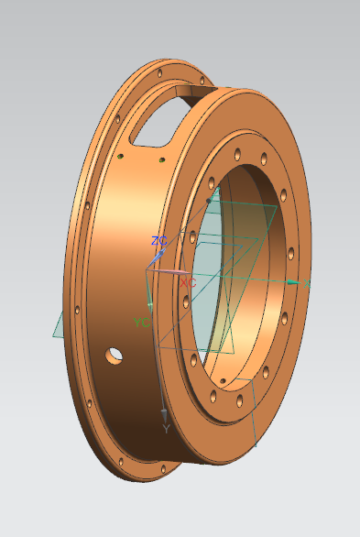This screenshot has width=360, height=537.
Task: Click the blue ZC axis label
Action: click(x=158, y=241)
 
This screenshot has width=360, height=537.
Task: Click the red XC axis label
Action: click(x=188, y=283)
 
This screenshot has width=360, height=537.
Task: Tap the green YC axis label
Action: click(x=141, y=323)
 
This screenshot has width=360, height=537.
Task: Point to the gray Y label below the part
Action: click(x=166, y=429)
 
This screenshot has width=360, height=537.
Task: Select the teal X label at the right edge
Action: click(x=307, y=283)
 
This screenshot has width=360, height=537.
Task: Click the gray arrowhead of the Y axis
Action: click(x=164, y=416)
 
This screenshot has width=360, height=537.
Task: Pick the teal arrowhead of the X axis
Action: click(x=293, y=282)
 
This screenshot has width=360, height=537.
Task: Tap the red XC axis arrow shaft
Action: click(x=169, y=271)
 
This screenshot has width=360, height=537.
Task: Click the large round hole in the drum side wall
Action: click(x=114, y=356)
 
